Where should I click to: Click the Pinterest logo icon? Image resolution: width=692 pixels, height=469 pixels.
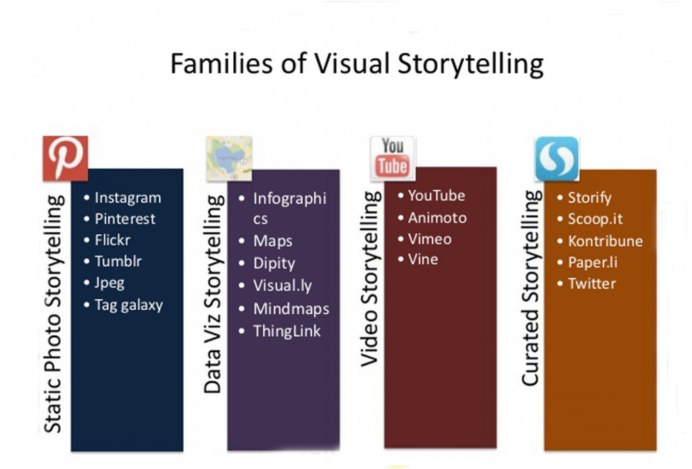pos(66,158)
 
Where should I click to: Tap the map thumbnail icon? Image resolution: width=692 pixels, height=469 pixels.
pos(229,159)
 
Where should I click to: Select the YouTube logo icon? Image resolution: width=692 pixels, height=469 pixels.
pos(393,158)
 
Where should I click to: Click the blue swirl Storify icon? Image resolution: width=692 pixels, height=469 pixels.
pos(557,159)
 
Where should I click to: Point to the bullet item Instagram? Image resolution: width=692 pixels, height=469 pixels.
pos(128,198)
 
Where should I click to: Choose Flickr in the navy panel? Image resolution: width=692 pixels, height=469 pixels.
pos(113,240)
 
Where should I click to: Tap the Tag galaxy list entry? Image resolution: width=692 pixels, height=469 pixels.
pos(129,305)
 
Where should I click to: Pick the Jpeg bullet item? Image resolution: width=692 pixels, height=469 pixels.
pos(109,282)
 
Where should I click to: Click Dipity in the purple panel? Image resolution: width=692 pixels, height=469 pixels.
pos(274,264)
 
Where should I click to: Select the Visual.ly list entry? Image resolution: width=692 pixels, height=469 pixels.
pos(282,286)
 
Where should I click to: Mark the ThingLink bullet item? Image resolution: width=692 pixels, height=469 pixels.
pos(287,331)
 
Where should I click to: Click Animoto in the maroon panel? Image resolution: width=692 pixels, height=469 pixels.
pos(437,218)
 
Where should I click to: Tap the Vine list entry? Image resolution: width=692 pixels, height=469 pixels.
pos(423,260)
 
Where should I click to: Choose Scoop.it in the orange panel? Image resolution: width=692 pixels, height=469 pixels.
pos(595,219)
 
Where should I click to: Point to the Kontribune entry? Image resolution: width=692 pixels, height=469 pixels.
pos(605,241)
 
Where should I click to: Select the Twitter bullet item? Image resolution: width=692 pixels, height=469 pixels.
pos(592,283)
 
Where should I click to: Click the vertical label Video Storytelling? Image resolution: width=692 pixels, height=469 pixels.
pos(370,279)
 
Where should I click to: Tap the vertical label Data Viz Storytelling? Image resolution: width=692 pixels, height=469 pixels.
pos(214,294)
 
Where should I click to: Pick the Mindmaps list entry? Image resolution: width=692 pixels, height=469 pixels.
pos(291,309)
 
